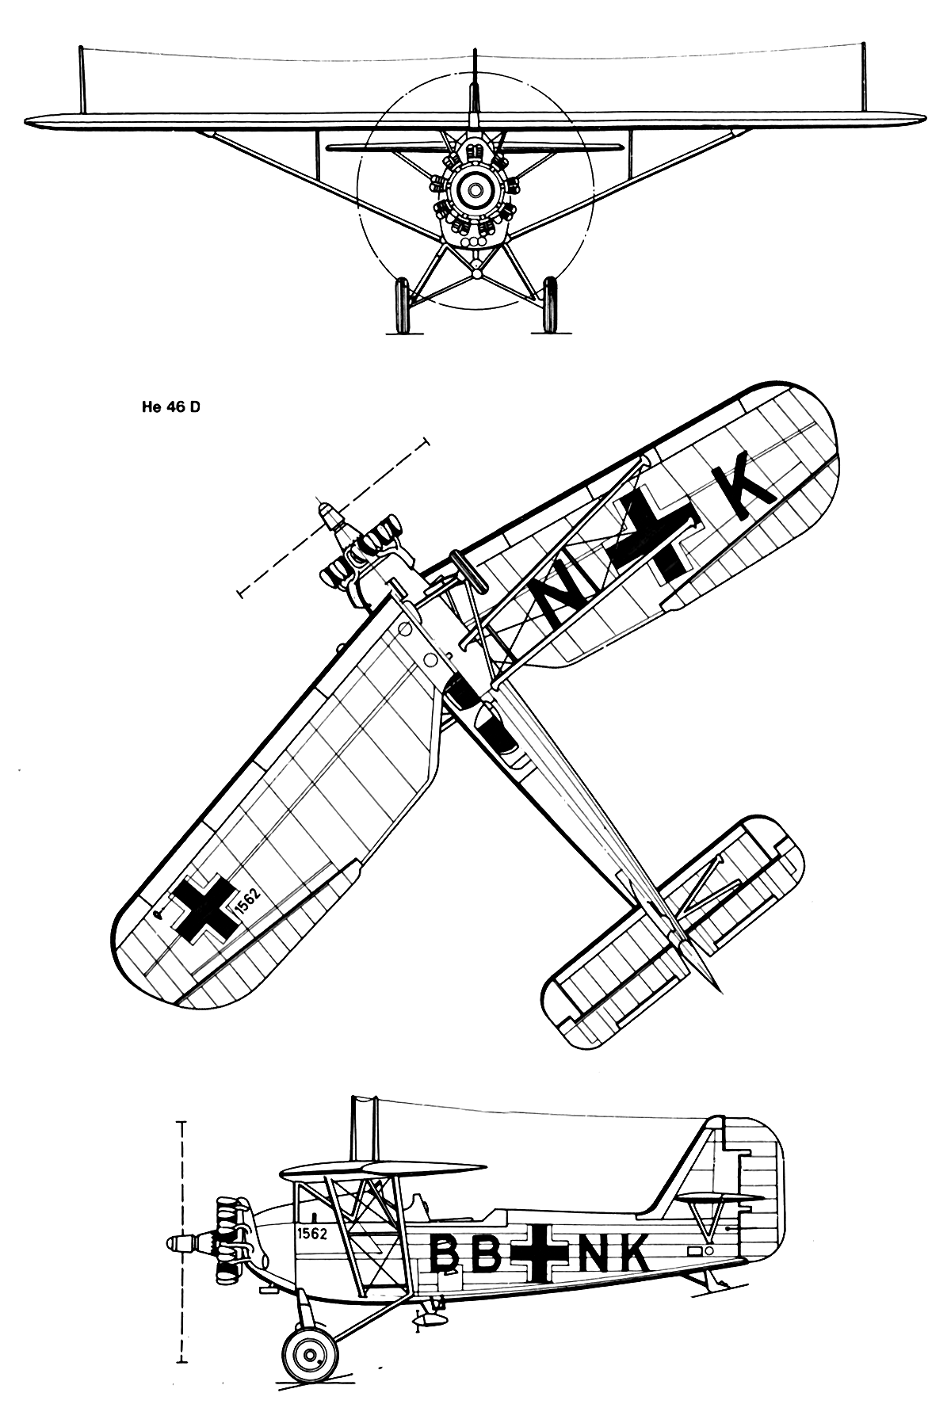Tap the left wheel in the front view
402,304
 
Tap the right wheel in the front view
549,304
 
